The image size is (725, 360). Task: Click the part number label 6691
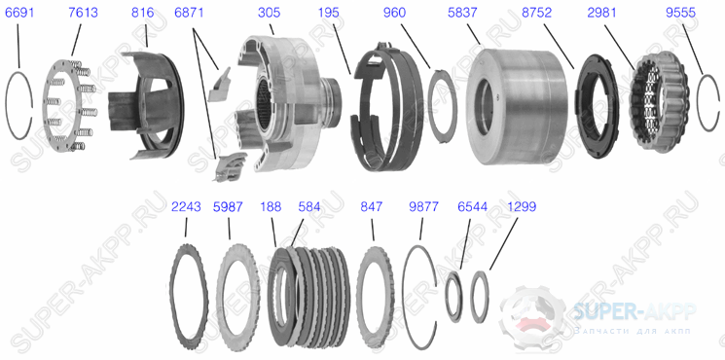click(x=19, y=13)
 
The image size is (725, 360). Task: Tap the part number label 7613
click(x=83, y=13)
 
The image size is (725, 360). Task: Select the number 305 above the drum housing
click(x=269, y=13)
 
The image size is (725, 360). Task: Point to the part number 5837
click(x=462, y=13)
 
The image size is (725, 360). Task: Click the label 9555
click(x=680, y=13)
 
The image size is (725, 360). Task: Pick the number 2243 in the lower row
click(x=186, y=206)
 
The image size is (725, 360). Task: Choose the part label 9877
click(x=423, y=206)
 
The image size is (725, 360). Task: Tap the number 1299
click(x=522, y=206)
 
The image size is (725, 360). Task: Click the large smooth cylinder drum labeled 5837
click(x=517, y=106)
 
